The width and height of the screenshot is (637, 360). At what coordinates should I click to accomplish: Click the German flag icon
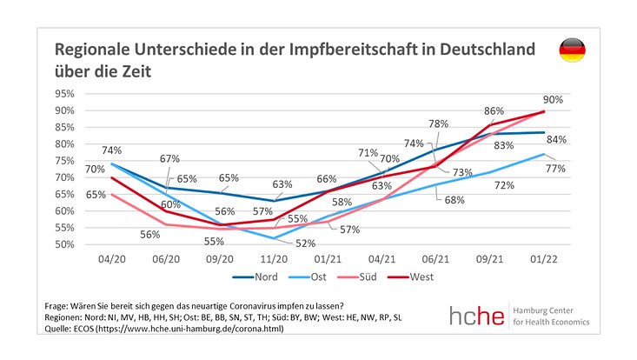tap(571, 50)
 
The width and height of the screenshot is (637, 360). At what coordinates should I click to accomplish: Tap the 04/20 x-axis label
tap(113, 259)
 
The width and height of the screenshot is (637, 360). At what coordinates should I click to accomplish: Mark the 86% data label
tap(494, 110)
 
